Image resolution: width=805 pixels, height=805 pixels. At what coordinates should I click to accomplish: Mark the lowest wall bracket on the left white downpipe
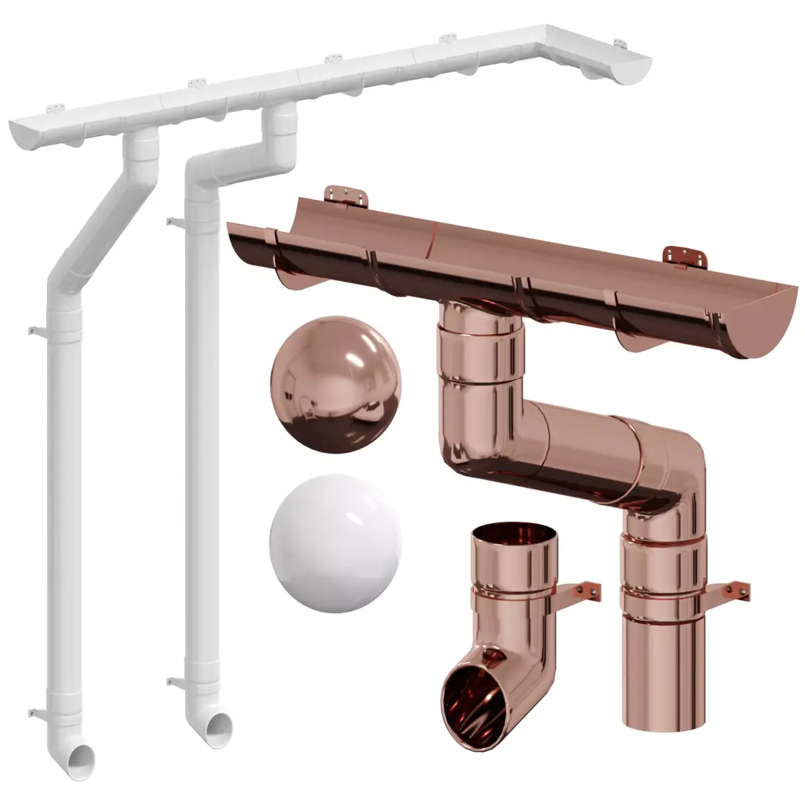(35, 709)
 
